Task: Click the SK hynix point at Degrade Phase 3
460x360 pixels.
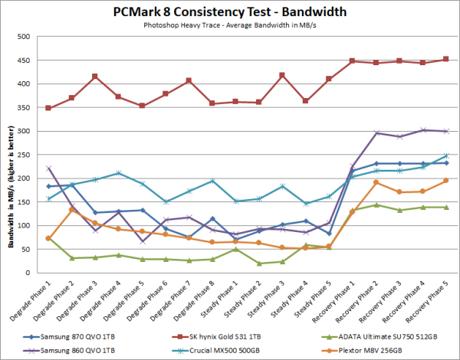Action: tap(94, 77)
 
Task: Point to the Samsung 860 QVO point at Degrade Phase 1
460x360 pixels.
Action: tap(49, 169)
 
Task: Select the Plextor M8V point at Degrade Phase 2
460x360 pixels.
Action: tap(71, 209)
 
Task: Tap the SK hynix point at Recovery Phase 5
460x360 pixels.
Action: tap(445, 59)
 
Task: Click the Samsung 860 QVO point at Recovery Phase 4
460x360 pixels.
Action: tap(423, 130)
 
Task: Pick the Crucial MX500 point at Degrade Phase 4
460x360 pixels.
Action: tap(117, 173)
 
